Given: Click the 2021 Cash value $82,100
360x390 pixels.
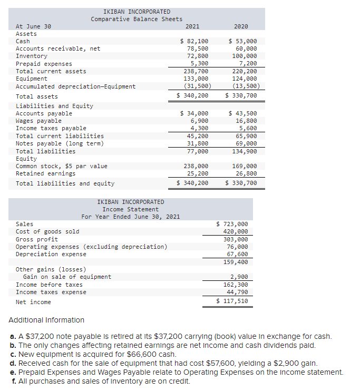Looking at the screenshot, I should coord(194,41).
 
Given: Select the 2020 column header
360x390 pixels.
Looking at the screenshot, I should coord(241,26).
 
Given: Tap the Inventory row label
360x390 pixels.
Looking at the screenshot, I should coord(32,56).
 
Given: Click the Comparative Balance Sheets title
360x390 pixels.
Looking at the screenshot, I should coord(137,19).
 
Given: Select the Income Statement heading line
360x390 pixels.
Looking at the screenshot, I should coord(130,209).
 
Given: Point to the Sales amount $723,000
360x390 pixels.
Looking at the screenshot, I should coord(232,224).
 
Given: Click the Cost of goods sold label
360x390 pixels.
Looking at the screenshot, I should coord(47,231).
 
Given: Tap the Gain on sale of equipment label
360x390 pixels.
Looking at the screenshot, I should coord(67,277).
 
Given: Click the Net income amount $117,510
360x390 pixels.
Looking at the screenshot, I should coord(232,301).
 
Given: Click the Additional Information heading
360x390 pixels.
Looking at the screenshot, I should coord(46,320).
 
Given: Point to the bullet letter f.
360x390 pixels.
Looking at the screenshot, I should coord(12,381).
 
